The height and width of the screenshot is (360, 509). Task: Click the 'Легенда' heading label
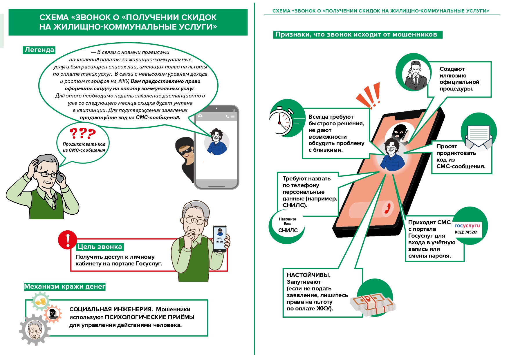[x=39, y=50]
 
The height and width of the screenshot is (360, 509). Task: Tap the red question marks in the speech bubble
[x=82, y=133]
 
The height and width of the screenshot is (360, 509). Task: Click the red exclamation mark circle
[x=68, y=240]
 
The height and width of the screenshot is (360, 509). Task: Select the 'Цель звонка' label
[x=100, y=247]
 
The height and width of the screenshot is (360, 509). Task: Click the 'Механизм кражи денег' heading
[x=64, y=287]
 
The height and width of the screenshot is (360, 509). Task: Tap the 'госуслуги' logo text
[x=467, y=225]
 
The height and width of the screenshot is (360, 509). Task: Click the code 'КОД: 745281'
[x=466, y=232]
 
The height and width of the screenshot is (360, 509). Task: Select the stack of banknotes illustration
[x=373, y=304]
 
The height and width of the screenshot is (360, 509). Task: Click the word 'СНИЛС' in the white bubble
[x=288, y=230]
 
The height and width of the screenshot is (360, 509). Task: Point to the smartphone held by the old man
[x=220, y=239]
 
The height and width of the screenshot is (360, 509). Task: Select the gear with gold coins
[x=41, y=302]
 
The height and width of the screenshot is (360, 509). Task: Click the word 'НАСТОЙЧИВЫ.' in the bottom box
[x=308, y=275]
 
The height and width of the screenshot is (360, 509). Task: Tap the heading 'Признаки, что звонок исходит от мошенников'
[x=356, y=35]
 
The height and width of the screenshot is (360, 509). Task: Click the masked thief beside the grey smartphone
[x=185, y=157]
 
